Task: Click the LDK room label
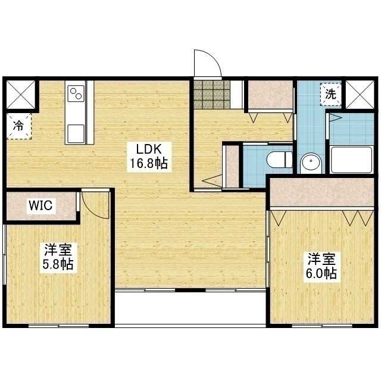pyautogui.click(x=149, y=149)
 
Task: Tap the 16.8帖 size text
pyautogui.click(x=149, y=163)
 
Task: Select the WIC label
pyautogui.click(x=40, y=205)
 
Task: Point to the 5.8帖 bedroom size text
pyautogui.click(x=58, y=264)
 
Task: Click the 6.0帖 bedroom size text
pyautogui.click(x=321, y=274)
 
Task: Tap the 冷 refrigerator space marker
pyautogui.click(x=19, y=126)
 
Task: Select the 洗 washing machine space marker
pyautogui.click(x=331, y=94)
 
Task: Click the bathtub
pyautogui.click(x=352, y=160)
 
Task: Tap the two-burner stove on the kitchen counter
pyautogui.click(x=76, y=93)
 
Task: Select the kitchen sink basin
pyautogui.click(x=76, y=133)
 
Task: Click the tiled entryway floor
pyautogui.click(x=212, y=95)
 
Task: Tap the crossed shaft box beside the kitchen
pyautogui.click(x=21, y=95)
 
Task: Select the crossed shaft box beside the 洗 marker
pyautogui.click(x=360, y=95)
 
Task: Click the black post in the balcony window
pyautogui.click(x=190, y=290)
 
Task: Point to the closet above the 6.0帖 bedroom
pyautogui.click(x=321, y=192)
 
